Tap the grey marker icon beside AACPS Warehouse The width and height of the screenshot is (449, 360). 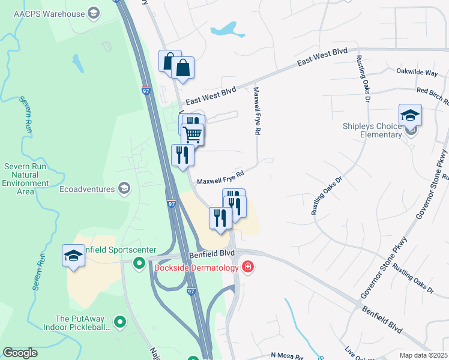[x=93, y=13]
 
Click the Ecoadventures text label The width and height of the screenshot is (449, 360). [x=86, y=189]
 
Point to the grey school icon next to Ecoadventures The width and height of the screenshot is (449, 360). [x=124, y=190]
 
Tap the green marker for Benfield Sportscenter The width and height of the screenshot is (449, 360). [x=139, y=262]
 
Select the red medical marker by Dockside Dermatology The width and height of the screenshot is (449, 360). [x=247, y=267]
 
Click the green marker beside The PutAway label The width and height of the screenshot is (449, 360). [x=120, y=323]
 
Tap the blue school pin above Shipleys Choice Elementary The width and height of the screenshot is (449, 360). [x=410, y=115]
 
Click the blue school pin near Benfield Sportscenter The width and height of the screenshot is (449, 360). [x=73, y=256]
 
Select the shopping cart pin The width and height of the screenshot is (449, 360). [x=192, y=134]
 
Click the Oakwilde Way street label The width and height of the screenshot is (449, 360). [x=417, y=71]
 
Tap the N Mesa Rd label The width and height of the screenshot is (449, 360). [x=287, y=356]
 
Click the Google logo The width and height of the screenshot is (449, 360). [x=20, y=353]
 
